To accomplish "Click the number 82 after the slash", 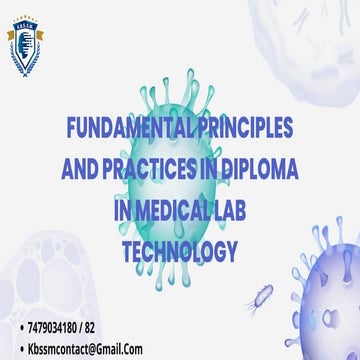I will (116, 327).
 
